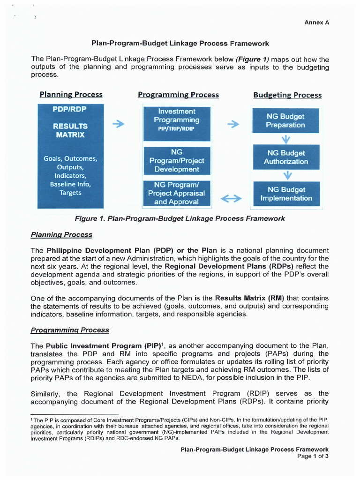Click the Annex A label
[316, 22]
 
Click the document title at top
[180, 43]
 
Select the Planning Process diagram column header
[71, 95]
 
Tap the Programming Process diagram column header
[178, 95]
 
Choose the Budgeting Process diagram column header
[287, 95]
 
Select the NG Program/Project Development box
[177, 161]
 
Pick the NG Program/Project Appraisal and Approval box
[177, 193]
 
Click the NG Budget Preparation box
[285, 120]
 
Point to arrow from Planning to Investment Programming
[119, 124]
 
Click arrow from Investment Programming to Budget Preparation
[233, 124]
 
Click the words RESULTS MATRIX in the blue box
[70, 130]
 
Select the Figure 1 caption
[180, 218]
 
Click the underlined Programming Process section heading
[70, 330]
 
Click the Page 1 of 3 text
[313, 456]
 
